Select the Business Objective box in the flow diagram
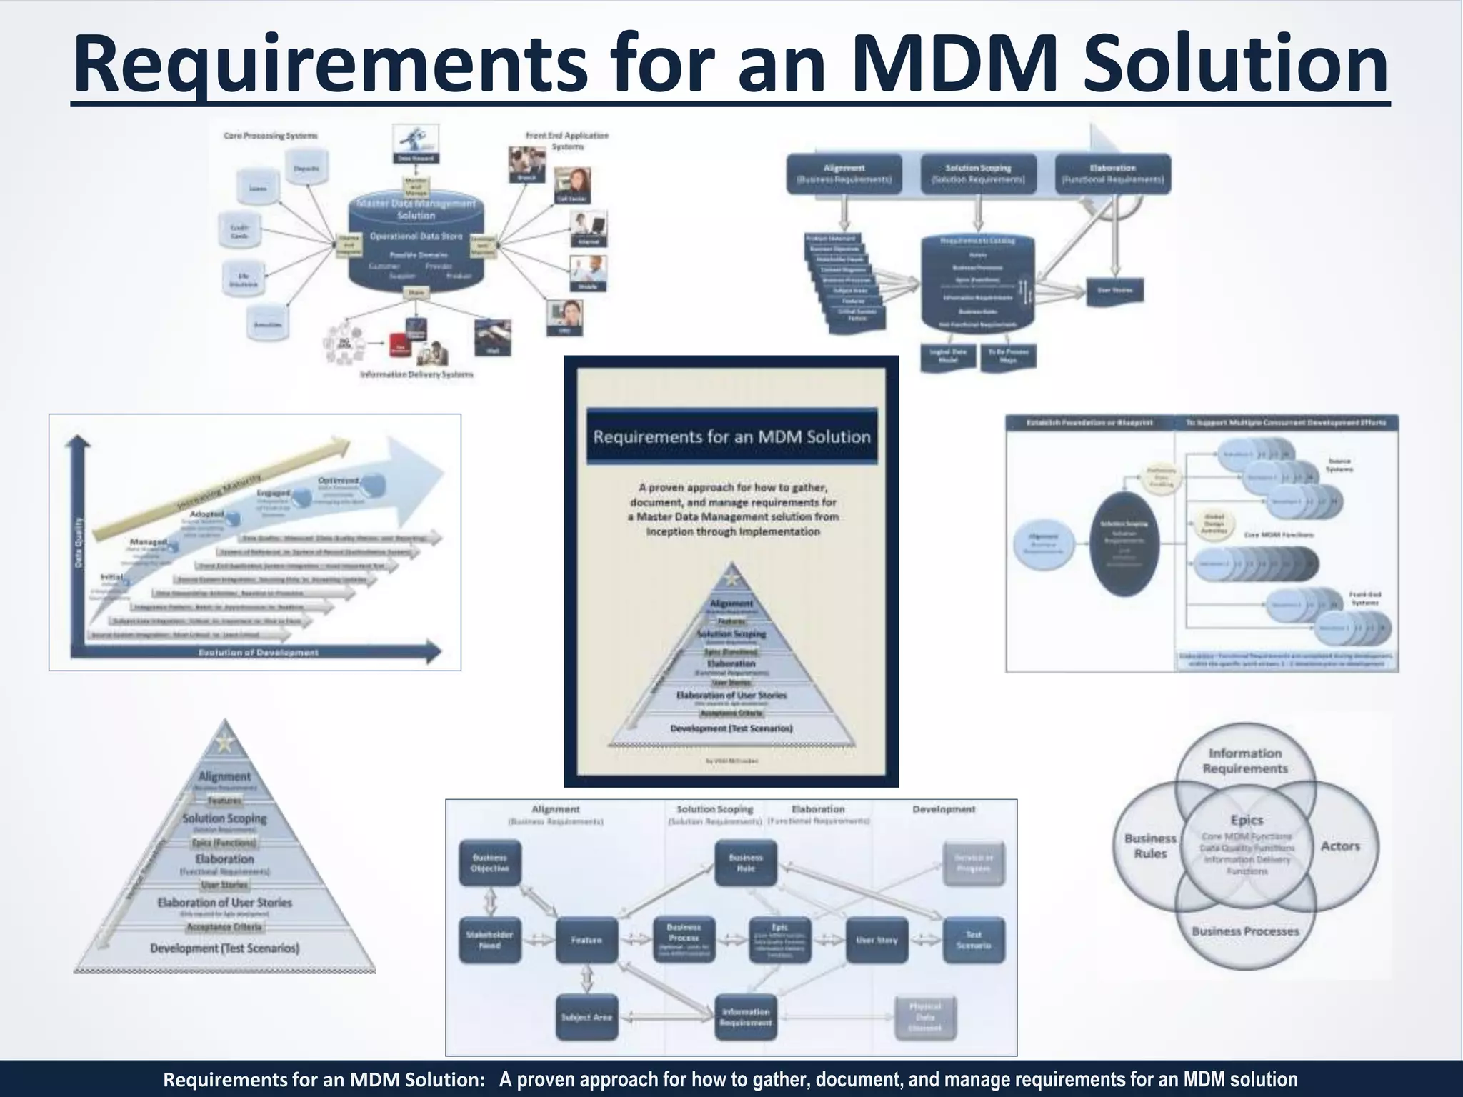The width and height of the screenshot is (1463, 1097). (489, 863)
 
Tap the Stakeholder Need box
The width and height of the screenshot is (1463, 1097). (489, 940)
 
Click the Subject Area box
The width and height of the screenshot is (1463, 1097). (586, 1017)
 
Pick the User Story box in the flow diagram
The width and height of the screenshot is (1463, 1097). (877, 940)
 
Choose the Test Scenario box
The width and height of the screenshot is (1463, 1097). (974, 940)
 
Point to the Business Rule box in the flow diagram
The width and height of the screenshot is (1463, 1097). (746, 863)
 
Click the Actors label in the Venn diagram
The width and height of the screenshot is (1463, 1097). (1340, 846)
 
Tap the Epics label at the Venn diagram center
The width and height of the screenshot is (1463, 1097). (1247, 821)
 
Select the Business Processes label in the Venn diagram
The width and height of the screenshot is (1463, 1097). (1245, 931)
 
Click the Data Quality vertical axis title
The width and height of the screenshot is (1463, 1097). (79, 543)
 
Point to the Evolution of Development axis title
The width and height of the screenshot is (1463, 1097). (259, 653)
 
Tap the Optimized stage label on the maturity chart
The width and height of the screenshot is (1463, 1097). (339, 481)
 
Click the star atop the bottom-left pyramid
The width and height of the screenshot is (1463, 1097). (225, 743)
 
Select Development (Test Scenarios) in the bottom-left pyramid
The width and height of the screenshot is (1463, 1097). (224, 948)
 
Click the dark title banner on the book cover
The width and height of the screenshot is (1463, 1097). (731, 436)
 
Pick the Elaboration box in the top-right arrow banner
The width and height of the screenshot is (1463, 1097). (1112, 174)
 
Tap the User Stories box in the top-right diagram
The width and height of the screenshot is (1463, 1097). (1114, 290)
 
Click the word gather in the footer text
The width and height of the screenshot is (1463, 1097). (779, 1079)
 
